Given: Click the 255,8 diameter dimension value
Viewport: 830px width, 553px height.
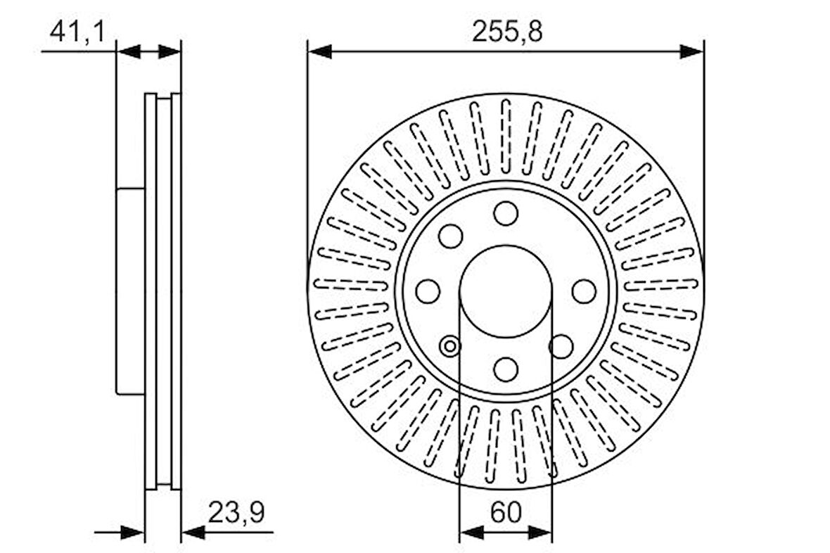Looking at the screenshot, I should pyautogui.click(x=506, y=32).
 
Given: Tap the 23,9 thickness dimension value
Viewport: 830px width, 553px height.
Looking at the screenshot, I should pyautogui.click(x=236, y=513).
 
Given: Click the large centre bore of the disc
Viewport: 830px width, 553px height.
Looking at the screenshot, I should pyautogui.click(x=506, y=290).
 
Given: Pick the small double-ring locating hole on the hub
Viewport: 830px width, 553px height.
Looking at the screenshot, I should pyautogui.click(x=449, y=346).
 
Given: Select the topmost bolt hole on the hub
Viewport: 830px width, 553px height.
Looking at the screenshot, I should pyautogui.click(x=506, y=213).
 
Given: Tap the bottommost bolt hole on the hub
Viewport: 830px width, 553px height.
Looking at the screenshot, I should pyautogui.click(x=506, y=369).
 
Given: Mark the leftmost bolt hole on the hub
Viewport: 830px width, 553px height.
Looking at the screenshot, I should pyautogui.click(x=428, y=291).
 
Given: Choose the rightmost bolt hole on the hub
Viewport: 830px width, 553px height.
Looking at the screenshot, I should pyautogui.click(x=584, y=291).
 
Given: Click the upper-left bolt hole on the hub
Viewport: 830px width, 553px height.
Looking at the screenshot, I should pyautogui.click(x=450, y=236).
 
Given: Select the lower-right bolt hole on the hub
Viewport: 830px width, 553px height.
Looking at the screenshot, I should pyautogui.click(x=561, y=346).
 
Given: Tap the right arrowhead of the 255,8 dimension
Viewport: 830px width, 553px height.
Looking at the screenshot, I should pyautogui.click(x=691, y=51).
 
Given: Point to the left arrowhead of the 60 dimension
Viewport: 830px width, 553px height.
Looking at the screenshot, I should pyautogui.click(x=471, y=533).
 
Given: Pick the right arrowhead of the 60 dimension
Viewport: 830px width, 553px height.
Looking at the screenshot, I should pyautogui.click(x=540, y=533).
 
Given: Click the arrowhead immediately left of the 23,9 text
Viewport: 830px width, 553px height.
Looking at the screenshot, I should pyautogui.click(x=193, y=533).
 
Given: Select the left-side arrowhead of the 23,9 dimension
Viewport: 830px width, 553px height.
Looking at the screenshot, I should pyautogui.click(x=133, y=533).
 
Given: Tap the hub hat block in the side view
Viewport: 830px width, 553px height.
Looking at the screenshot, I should pyautogui.click(x=130, y=291).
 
